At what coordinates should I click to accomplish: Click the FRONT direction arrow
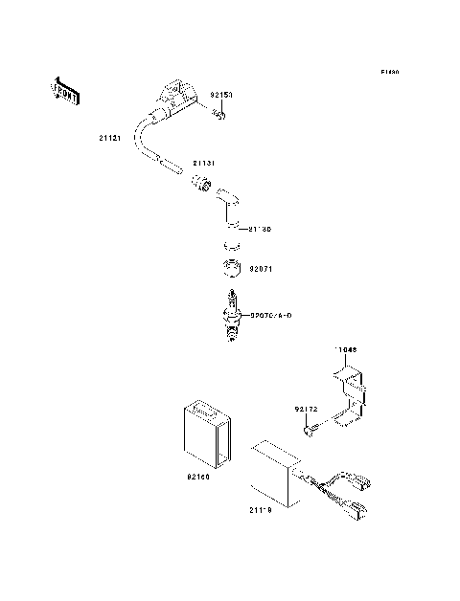pyautogui.click(x=64, y=90)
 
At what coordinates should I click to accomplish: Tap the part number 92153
pyautogui.click(x=221, y=97)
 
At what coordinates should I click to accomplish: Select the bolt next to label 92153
pyautogui.click(x=219, y=116)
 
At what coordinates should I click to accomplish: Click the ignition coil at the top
pyautogui.click(x=177, y=101)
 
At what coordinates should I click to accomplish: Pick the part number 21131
pyautogui.click(x=204, y=164)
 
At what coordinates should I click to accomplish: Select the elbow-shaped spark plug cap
pyautogui.click(x=228, y=207)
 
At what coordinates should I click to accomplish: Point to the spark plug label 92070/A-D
pyautogui.click(x=270, y=314)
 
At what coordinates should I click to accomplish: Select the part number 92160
pyautogui.click(x=198, y=476)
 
